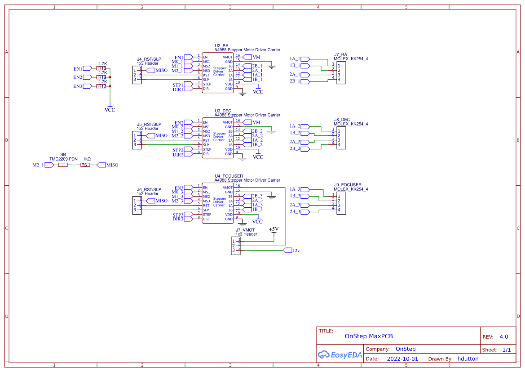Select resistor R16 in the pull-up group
click(x=101, y=77)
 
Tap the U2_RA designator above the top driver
click(x=221, y=46)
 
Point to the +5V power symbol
click(x=274, y=230)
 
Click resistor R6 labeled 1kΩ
click(x=85, y=165)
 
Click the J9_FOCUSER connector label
click(x=348, y=184)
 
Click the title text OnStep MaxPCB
click(x=369, y=336)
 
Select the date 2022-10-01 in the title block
click(x=402, y=359)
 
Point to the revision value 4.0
click(x=503, y=336)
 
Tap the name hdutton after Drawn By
click(x=468, y=359)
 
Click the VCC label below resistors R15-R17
click(x=110, y=110)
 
